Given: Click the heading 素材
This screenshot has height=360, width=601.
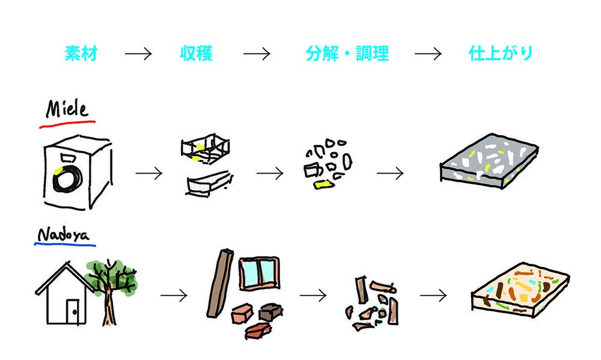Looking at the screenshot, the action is pyautogui.click(x=81, y=54).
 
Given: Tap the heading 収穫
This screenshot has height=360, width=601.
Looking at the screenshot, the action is pyautogui.click(x=197, y=54).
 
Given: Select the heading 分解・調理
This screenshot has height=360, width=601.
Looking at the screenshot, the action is pyautogui.click(x=347, y=54).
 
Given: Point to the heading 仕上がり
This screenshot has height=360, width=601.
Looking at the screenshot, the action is pyautogui.click(x=501, y=54).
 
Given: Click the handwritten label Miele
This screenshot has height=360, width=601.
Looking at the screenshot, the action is pyautogui.click(x=67, y=109).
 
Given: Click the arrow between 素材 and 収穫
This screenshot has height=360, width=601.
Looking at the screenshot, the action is pyautogui.click(x=138, y=54).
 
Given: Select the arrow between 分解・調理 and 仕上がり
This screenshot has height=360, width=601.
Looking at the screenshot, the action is pyautogui.click(x=428, y=54).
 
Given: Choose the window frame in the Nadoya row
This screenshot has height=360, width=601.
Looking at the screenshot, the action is pyautogui.click(x=258, y=273).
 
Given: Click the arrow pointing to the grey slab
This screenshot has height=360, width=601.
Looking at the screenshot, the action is pyautogui.click(x=390, y=174).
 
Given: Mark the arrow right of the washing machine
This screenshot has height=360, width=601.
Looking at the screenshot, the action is pyautogui.click(x=149, y=174).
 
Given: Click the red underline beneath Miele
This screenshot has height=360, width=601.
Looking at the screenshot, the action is pyautogui.click(x=67, y=124).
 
